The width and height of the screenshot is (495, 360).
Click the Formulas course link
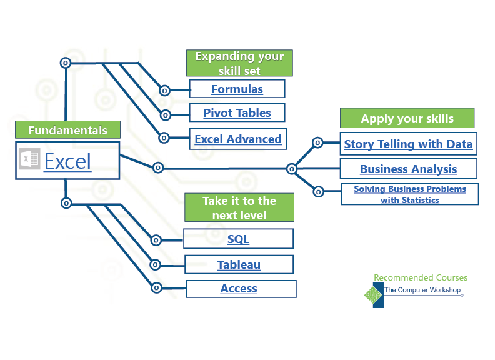tap(237, 89)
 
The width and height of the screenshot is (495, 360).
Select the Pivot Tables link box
tap(237, 113)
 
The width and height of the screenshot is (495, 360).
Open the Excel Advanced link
tap(238, 139)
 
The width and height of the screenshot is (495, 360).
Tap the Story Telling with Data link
tap(408, 144)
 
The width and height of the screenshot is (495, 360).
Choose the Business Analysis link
tap(408, 169)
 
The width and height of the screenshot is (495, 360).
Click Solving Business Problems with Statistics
tap(410, 194)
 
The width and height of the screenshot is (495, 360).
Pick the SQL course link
tap(238, 239)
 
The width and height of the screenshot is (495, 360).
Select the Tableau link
tap(239, 264)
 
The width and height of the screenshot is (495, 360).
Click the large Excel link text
tap(67, 161)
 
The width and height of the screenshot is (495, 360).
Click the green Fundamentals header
tap(67, 130)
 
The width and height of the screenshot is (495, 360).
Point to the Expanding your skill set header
tap(240, 63)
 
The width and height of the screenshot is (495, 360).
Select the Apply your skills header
tap(407, 118)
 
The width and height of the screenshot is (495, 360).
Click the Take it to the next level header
tap(239, 207)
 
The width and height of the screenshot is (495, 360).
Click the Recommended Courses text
tap(420, 277)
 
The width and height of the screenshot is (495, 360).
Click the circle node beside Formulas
tap(164, 90)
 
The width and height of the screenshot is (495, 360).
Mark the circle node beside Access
tap(157, 287)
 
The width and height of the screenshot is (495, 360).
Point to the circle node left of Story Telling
tap(317, 142)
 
